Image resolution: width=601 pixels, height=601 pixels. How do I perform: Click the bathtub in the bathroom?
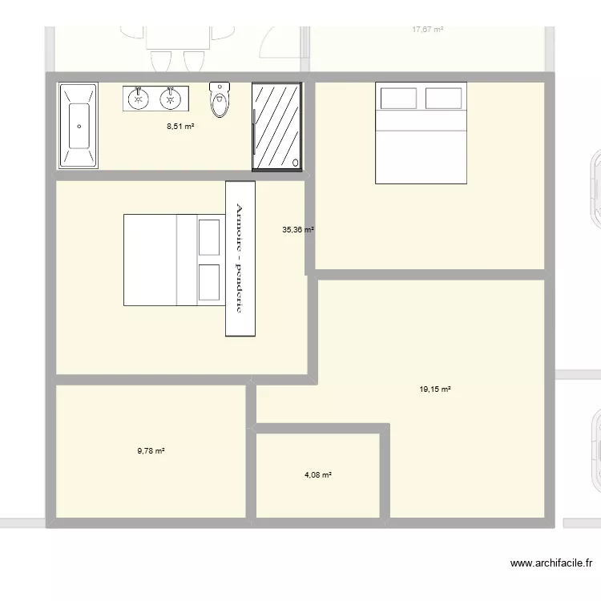(x=79, y=126)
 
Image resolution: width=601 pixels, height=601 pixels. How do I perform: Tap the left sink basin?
(x=139, y=99)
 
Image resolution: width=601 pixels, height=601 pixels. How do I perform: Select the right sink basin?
(x=169, y=99)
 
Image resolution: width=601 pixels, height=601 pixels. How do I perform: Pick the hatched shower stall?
(x=276, y=126)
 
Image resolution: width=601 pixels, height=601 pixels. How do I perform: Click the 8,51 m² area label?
(x=181, y=126)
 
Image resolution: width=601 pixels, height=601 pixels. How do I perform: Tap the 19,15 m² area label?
(x=435, y=389)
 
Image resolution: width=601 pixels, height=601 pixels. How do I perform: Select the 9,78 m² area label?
(x=151, y=451)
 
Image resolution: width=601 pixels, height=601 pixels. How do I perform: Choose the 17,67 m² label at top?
(x=427, y=30)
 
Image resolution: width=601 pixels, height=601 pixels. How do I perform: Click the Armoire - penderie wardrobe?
(x=240, y=258)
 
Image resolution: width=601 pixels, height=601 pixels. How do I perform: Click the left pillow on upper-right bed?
(x=398, y=99)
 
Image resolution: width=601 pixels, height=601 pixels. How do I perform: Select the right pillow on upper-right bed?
(x=444, y=99)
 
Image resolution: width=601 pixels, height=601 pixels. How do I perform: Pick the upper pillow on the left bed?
(x=208, y=236)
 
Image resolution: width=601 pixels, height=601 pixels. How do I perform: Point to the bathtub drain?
(x=79, y=126)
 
